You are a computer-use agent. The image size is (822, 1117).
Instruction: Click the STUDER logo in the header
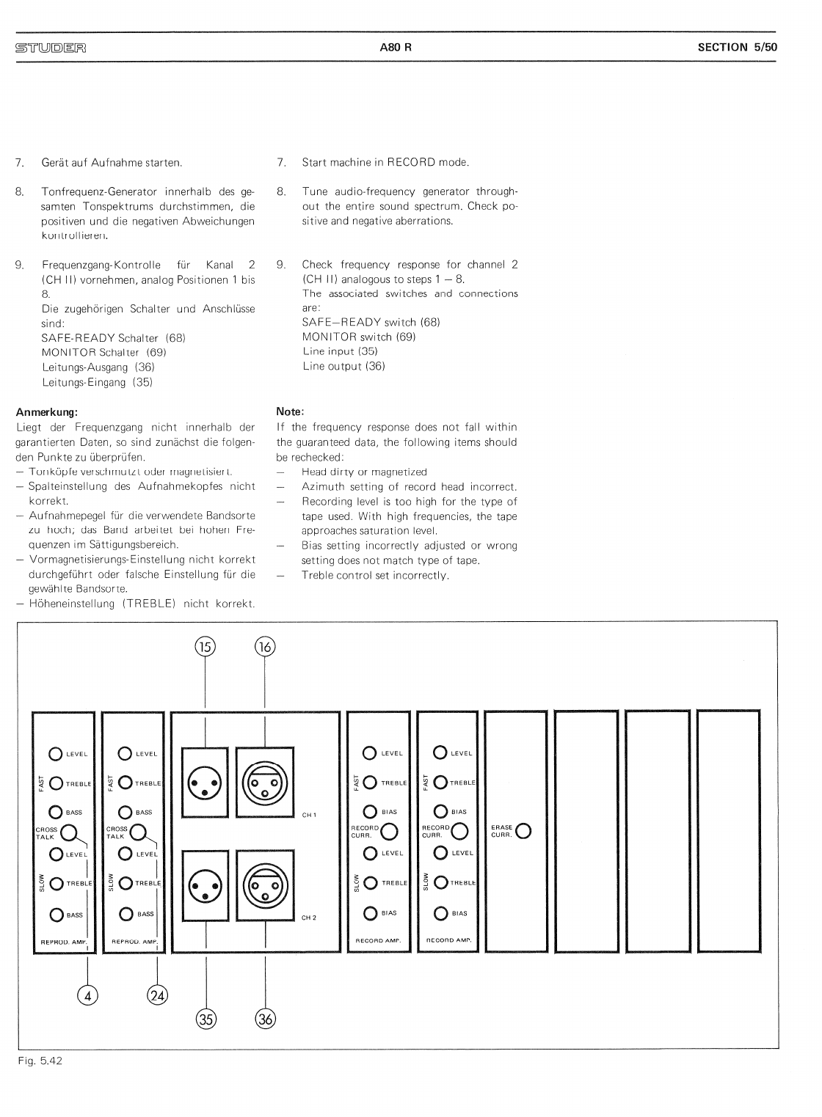pos(50,48)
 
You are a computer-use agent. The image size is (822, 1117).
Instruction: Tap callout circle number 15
pos(205,646)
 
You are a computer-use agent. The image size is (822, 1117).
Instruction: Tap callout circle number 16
pos(264,646)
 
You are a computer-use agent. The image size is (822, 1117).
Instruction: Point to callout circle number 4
pos(87,995)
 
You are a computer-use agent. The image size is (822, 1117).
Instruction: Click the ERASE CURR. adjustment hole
pos(524,831)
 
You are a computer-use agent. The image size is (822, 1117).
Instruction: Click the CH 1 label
pos(309,815)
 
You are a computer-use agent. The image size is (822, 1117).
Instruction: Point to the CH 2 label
pos(309,918)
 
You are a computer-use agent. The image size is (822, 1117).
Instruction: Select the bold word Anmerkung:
pos(46,412)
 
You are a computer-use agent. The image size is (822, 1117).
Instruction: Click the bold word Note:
pos(290,412)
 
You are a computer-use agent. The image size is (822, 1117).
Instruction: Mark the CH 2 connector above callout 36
pos(264,885)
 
